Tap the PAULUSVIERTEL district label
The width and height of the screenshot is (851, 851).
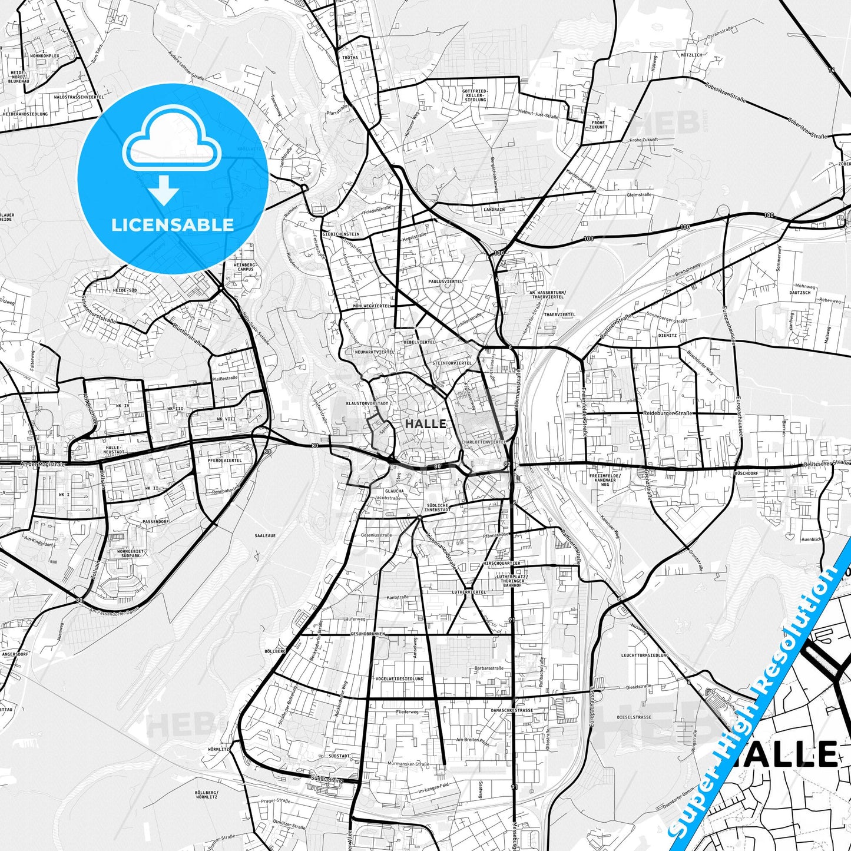pyautogui.click(x=445, y=282)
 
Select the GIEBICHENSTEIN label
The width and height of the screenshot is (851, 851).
pyautogui.click(x=340, y=234)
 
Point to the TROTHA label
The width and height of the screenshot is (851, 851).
pyautogui.click(x=350, y=58)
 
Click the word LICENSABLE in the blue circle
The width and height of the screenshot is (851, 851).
pyautogui.click(x=173, y=224)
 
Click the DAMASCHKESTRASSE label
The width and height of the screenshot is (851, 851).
pyautogui.click(x=511, y=710)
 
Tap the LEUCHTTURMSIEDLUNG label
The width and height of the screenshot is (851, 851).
pyautogui.click(x=645, y=655)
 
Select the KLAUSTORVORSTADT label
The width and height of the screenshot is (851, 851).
pyautogui.click(x=367, y=403)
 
